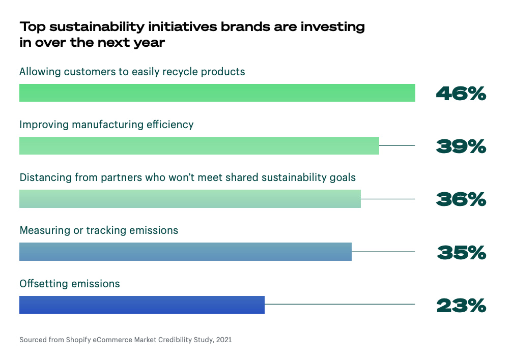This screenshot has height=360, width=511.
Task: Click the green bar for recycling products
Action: (x=217, y=93)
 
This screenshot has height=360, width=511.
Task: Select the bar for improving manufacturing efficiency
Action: (x=199, y=146)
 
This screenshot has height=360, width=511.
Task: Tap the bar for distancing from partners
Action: (x=190, y=199)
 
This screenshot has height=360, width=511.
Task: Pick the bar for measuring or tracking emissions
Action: (x=185, y=252)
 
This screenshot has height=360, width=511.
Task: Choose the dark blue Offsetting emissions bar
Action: (x=142, y=305)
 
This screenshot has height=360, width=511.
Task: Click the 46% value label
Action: (x=461, y=94)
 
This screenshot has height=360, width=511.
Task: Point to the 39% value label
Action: (x=461, y=146)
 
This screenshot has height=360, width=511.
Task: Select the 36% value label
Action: (x=461, y=199)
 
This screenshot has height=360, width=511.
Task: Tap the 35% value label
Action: (x=461, y=252)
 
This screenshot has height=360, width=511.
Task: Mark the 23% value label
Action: (x=461, y=305)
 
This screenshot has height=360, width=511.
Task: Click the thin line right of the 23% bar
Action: (x=339, y=305)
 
